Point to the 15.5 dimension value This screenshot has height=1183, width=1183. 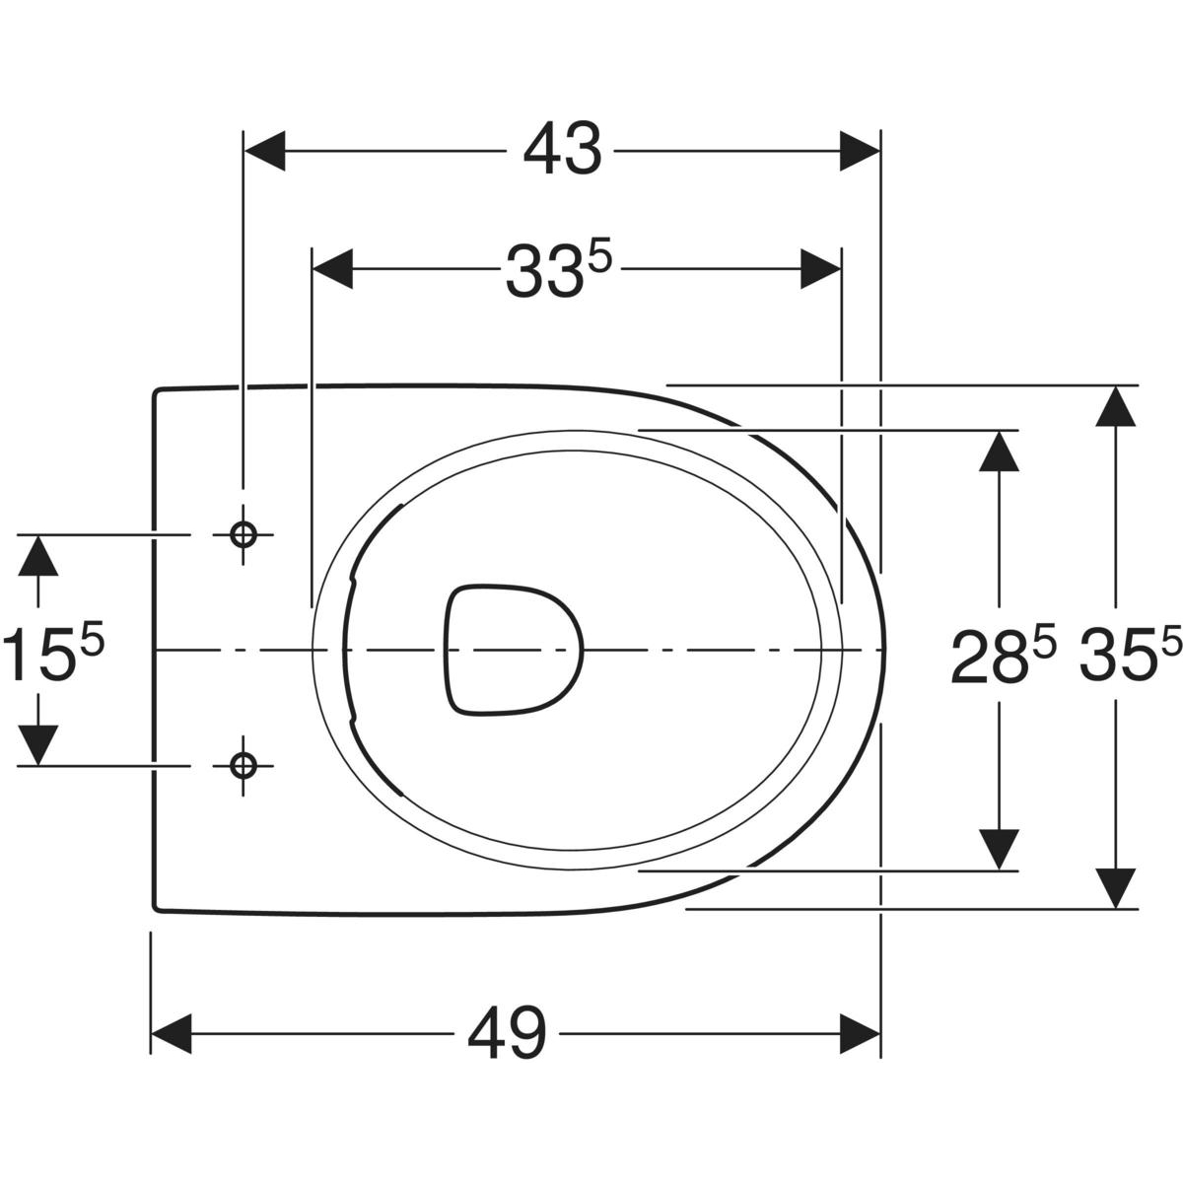53,650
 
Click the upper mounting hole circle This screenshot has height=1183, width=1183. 244,534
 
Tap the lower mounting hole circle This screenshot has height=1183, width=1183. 244,766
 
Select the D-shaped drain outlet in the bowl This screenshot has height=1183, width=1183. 513,650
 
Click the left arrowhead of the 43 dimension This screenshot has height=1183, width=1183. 264,151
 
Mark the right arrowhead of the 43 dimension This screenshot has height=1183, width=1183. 860,151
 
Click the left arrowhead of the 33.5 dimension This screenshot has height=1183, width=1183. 333,269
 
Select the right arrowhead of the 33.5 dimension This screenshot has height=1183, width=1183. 820,269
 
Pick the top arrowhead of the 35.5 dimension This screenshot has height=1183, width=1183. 1115,406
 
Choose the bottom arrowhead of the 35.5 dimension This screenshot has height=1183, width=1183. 1115,887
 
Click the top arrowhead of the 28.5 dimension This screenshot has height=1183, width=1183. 999,452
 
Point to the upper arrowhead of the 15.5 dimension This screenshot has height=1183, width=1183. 38,556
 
